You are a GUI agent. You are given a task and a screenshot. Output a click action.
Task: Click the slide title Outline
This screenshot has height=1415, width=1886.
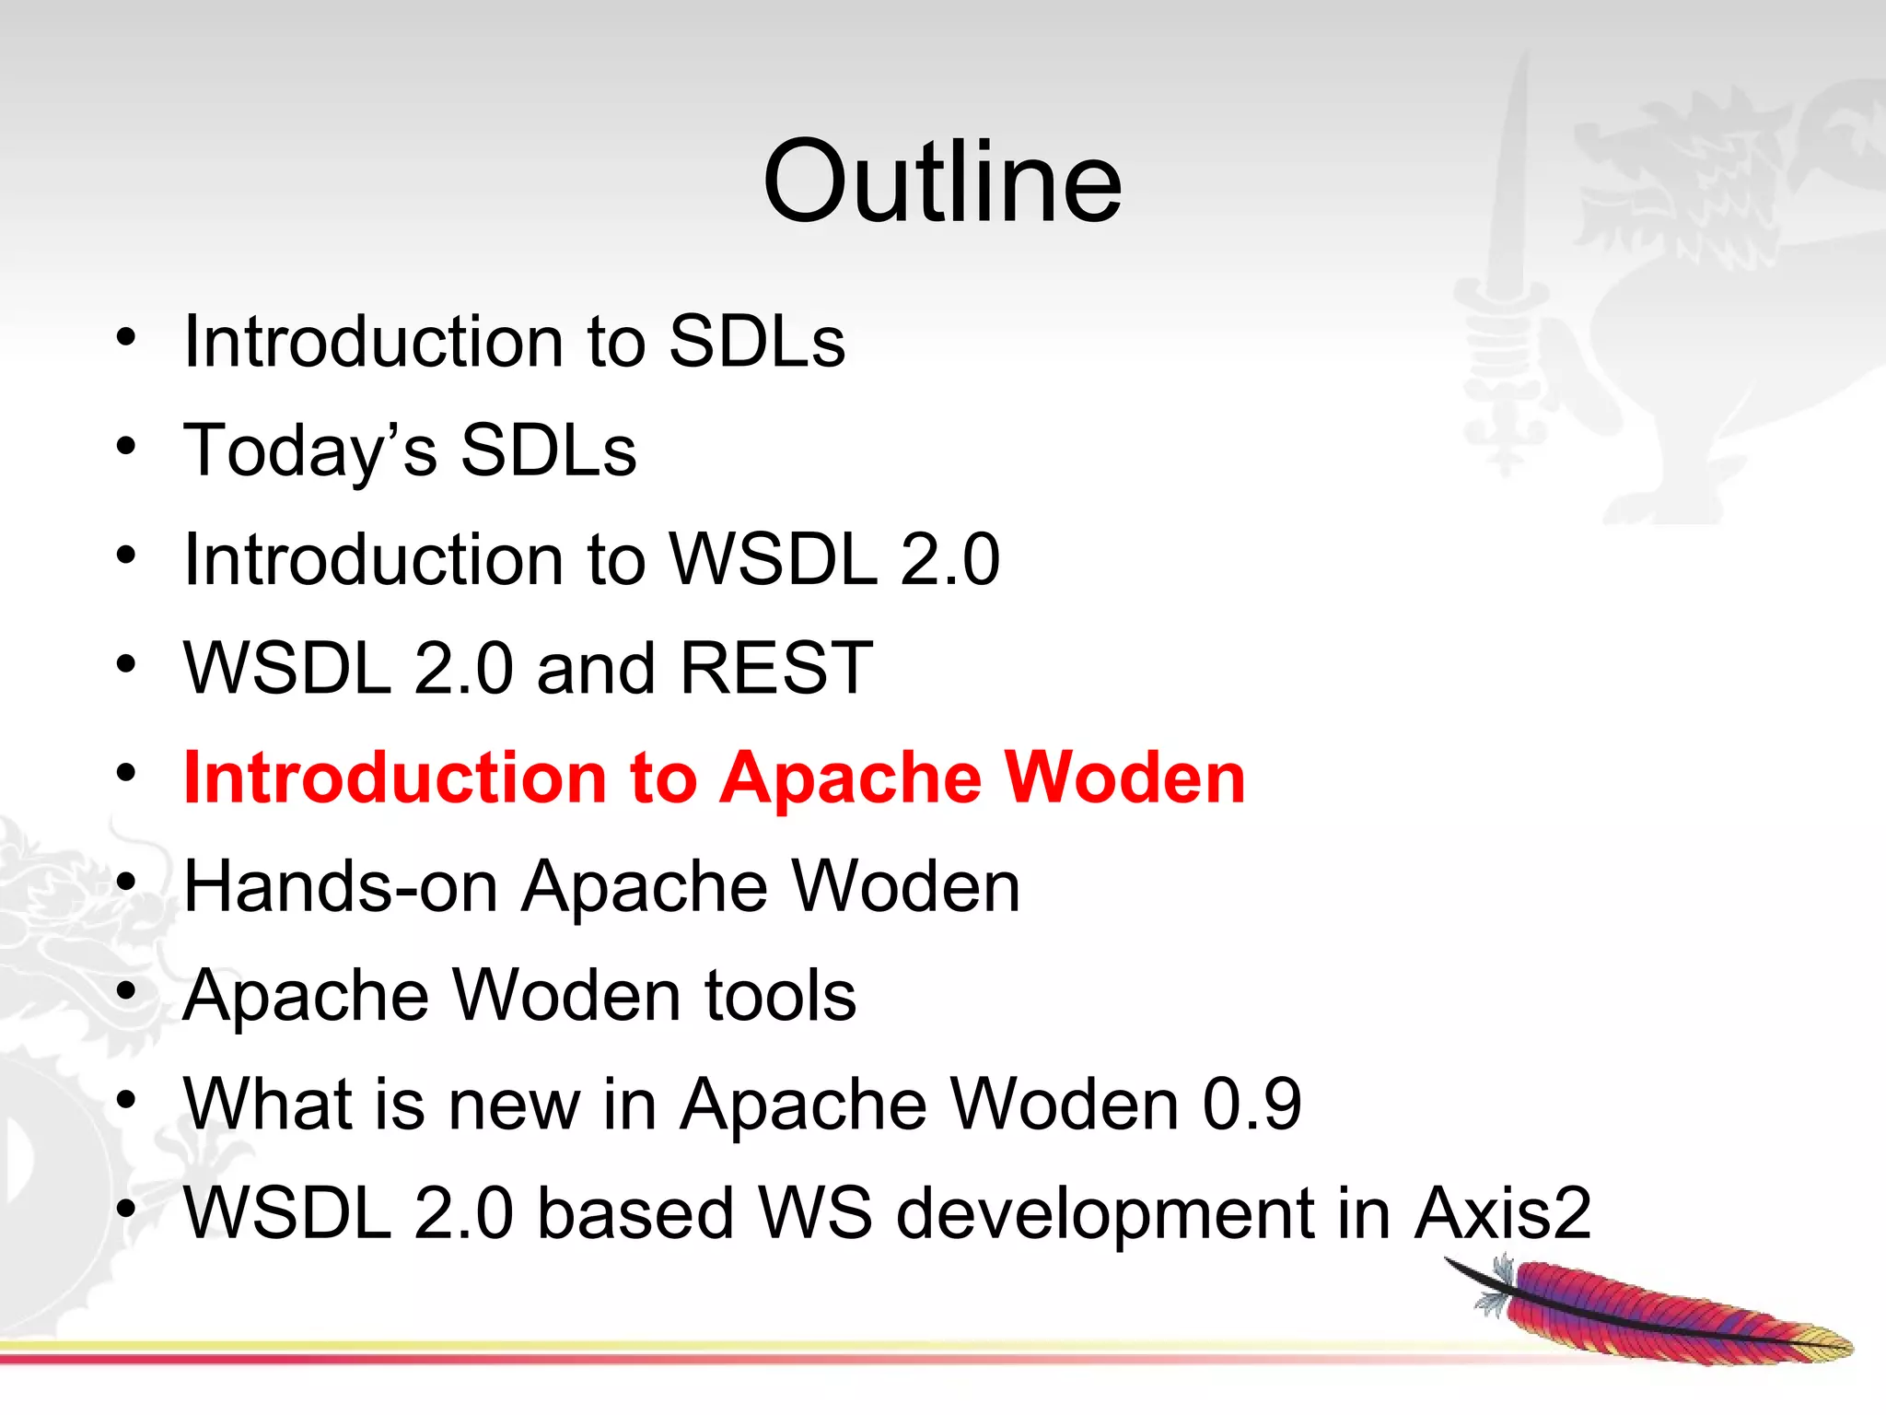pos(942,181)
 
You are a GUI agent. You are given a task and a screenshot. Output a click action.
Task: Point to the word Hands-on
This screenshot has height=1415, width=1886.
pos(341,886)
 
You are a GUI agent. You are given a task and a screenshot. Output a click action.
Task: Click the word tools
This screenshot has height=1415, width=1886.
pos(780,996)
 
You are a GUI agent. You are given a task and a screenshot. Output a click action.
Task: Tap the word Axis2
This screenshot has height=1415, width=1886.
pos(1502,1213)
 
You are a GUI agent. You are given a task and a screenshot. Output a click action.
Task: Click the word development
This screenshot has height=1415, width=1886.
pos(1104,1215)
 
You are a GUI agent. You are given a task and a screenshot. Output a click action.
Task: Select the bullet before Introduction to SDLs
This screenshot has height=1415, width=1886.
pos(126,337)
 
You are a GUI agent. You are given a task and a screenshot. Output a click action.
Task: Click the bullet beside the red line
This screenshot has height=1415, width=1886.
pos(126,773)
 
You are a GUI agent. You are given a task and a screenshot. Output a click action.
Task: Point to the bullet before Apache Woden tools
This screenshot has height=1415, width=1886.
pos(126,991)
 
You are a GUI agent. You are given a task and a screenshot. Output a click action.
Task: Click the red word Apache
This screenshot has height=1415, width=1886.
pos(850,779)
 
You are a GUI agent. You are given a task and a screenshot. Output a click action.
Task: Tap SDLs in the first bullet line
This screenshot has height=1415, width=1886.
pos(756,342)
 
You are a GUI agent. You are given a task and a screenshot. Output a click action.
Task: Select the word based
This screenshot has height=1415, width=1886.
pos(634,1213)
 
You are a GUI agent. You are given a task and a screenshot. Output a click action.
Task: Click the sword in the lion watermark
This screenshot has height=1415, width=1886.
pos(1510,276)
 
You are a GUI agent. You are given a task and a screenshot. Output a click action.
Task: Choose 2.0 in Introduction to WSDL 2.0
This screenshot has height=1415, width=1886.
pos(949,559)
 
